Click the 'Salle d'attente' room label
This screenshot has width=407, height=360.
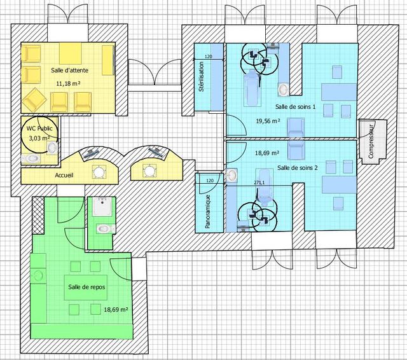click(x=69, y=70)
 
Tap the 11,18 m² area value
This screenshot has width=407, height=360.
click(x=68, y=83)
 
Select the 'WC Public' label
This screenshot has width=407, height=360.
click(x=39, y=128)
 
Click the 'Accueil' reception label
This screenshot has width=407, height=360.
click(x=64, y=175)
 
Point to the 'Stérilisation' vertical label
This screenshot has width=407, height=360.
click(x=201, y=76)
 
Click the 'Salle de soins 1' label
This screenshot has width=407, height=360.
click(x=295, y=106)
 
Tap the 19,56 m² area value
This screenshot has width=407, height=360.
click(x=268, y=121)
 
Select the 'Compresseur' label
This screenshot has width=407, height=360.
click(x=371, y=141)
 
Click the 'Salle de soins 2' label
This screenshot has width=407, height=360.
click(x=298, y=168)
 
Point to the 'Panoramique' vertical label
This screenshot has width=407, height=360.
click(x=208, y=212)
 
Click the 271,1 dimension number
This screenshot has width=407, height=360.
click(x=259, y=183)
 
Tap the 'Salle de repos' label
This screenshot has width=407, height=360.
click(x=86, y=287)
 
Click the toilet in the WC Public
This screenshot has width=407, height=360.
click(x=31, y=158)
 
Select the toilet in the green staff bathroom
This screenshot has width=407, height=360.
click(x=106, y=229)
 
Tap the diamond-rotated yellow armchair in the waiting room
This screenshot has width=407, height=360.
click(x=34, y=100)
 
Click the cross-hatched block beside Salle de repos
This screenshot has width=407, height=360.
click(x=38, y=215)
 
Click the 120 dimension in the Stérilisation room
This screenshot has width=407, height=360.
click(x=209, y=56)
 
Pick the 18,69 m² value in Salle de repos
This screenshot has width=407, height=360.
click(x=116, y=309)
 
